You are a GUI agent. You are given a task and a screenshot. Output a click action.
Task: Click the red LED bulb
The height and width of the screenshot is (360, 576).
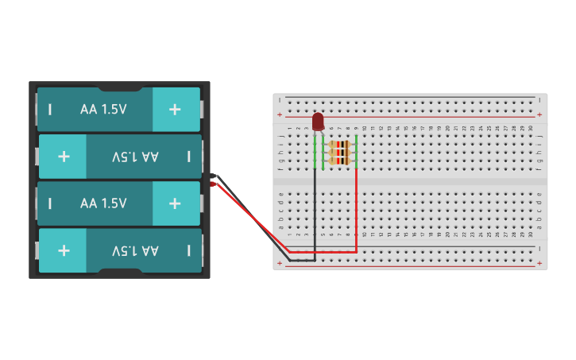[318, 121]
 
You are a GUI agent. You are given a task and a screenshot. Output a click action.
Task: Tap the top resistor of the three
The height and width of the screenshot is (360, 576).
[339, 145]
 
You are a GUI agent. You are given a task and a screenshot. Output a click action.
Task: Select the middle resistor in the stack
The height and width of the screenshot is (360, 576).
[339, 153]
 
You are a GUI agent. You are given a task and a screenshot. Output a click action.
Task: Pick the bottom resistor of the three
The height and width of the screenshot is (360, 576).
[339, 161]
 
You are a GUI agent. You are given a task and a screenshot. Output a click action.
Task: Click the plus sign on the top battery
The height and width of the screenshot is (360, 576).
[175, 110]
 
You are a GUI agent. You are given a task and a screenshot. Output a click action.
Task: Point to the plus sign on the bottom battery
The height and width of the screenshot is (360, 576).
[64, 250]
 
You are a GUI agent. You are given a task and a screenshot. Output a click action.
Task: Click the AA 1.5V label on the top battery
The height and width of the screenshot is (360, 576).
[103, 110]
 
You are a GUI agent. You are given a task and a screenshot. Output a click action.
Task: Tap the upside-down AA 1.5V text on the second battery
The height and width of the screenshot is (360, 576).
[135, 157]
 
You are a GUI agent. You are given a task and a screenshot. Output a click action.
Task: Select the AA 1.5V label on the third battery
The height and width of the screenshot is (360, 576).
[103, 203]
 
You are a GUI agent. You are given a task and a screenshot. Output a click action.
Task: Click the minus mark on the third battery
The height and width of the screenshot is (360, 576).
[50, 203]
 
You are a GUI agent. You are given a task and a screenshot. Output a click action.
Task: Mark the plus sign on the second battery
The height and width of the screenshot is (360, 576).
[64, 157]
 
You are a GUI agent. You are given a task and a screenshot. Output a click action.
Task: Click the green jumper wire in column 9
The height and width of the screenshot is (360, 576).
[356, 151]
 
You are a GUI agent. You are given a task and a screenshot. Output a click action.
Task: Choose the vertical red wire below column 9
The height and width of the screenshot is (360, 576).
[356, 207]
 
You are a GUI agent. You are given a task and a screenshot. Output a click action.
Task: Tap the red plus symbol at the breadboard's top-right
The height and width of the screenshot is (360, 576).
[539, 114]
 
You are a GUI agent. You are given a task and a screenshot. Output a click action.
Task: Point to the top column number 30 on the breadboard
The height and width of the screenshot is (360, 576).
[531, 128]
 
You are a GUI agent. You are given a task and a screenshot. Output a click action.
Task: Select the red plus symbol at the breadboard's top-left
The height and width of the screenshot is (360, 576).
[280, 114]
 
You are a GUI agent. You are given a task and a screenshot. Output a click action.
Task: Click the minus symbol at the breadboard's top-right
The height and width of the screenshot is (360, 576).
[539, 100]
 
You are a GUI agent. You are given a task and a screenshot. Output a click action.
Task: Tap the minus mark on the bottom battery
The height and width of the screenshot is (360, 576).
[188, 250]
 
